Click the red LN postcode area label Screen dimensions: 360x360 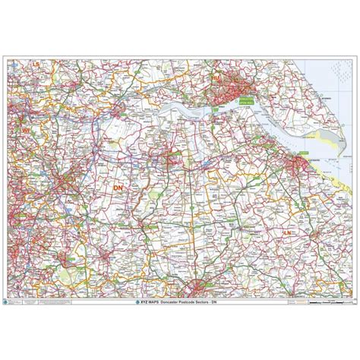click(308, 208)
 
